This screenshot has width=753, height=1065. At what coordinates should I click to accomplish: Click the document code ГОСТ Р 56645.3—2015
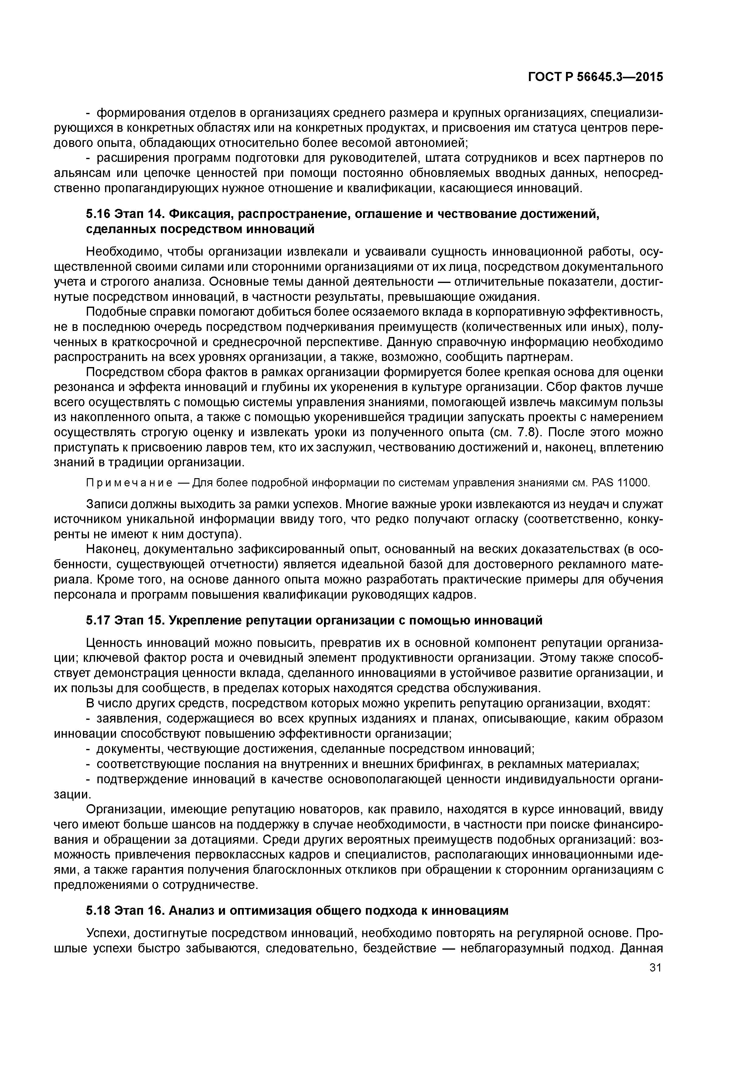tap(595, 77)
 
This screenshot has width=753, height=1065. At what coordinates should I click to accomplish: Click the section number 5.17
tap(97, 620)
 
